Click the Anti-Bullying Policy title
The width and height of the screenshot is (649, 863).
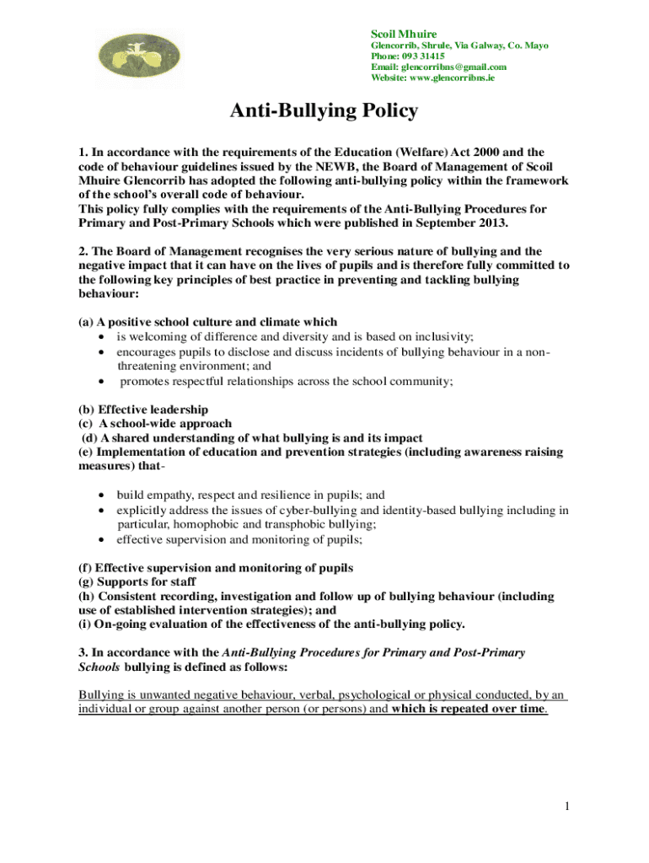324,111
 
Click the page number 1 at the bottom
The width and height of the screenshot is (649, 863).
569,807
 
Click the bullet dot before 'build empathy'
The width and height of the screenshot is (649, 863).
102,496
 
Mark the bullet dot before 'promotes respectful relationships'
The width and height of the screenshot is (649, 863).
102,381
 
